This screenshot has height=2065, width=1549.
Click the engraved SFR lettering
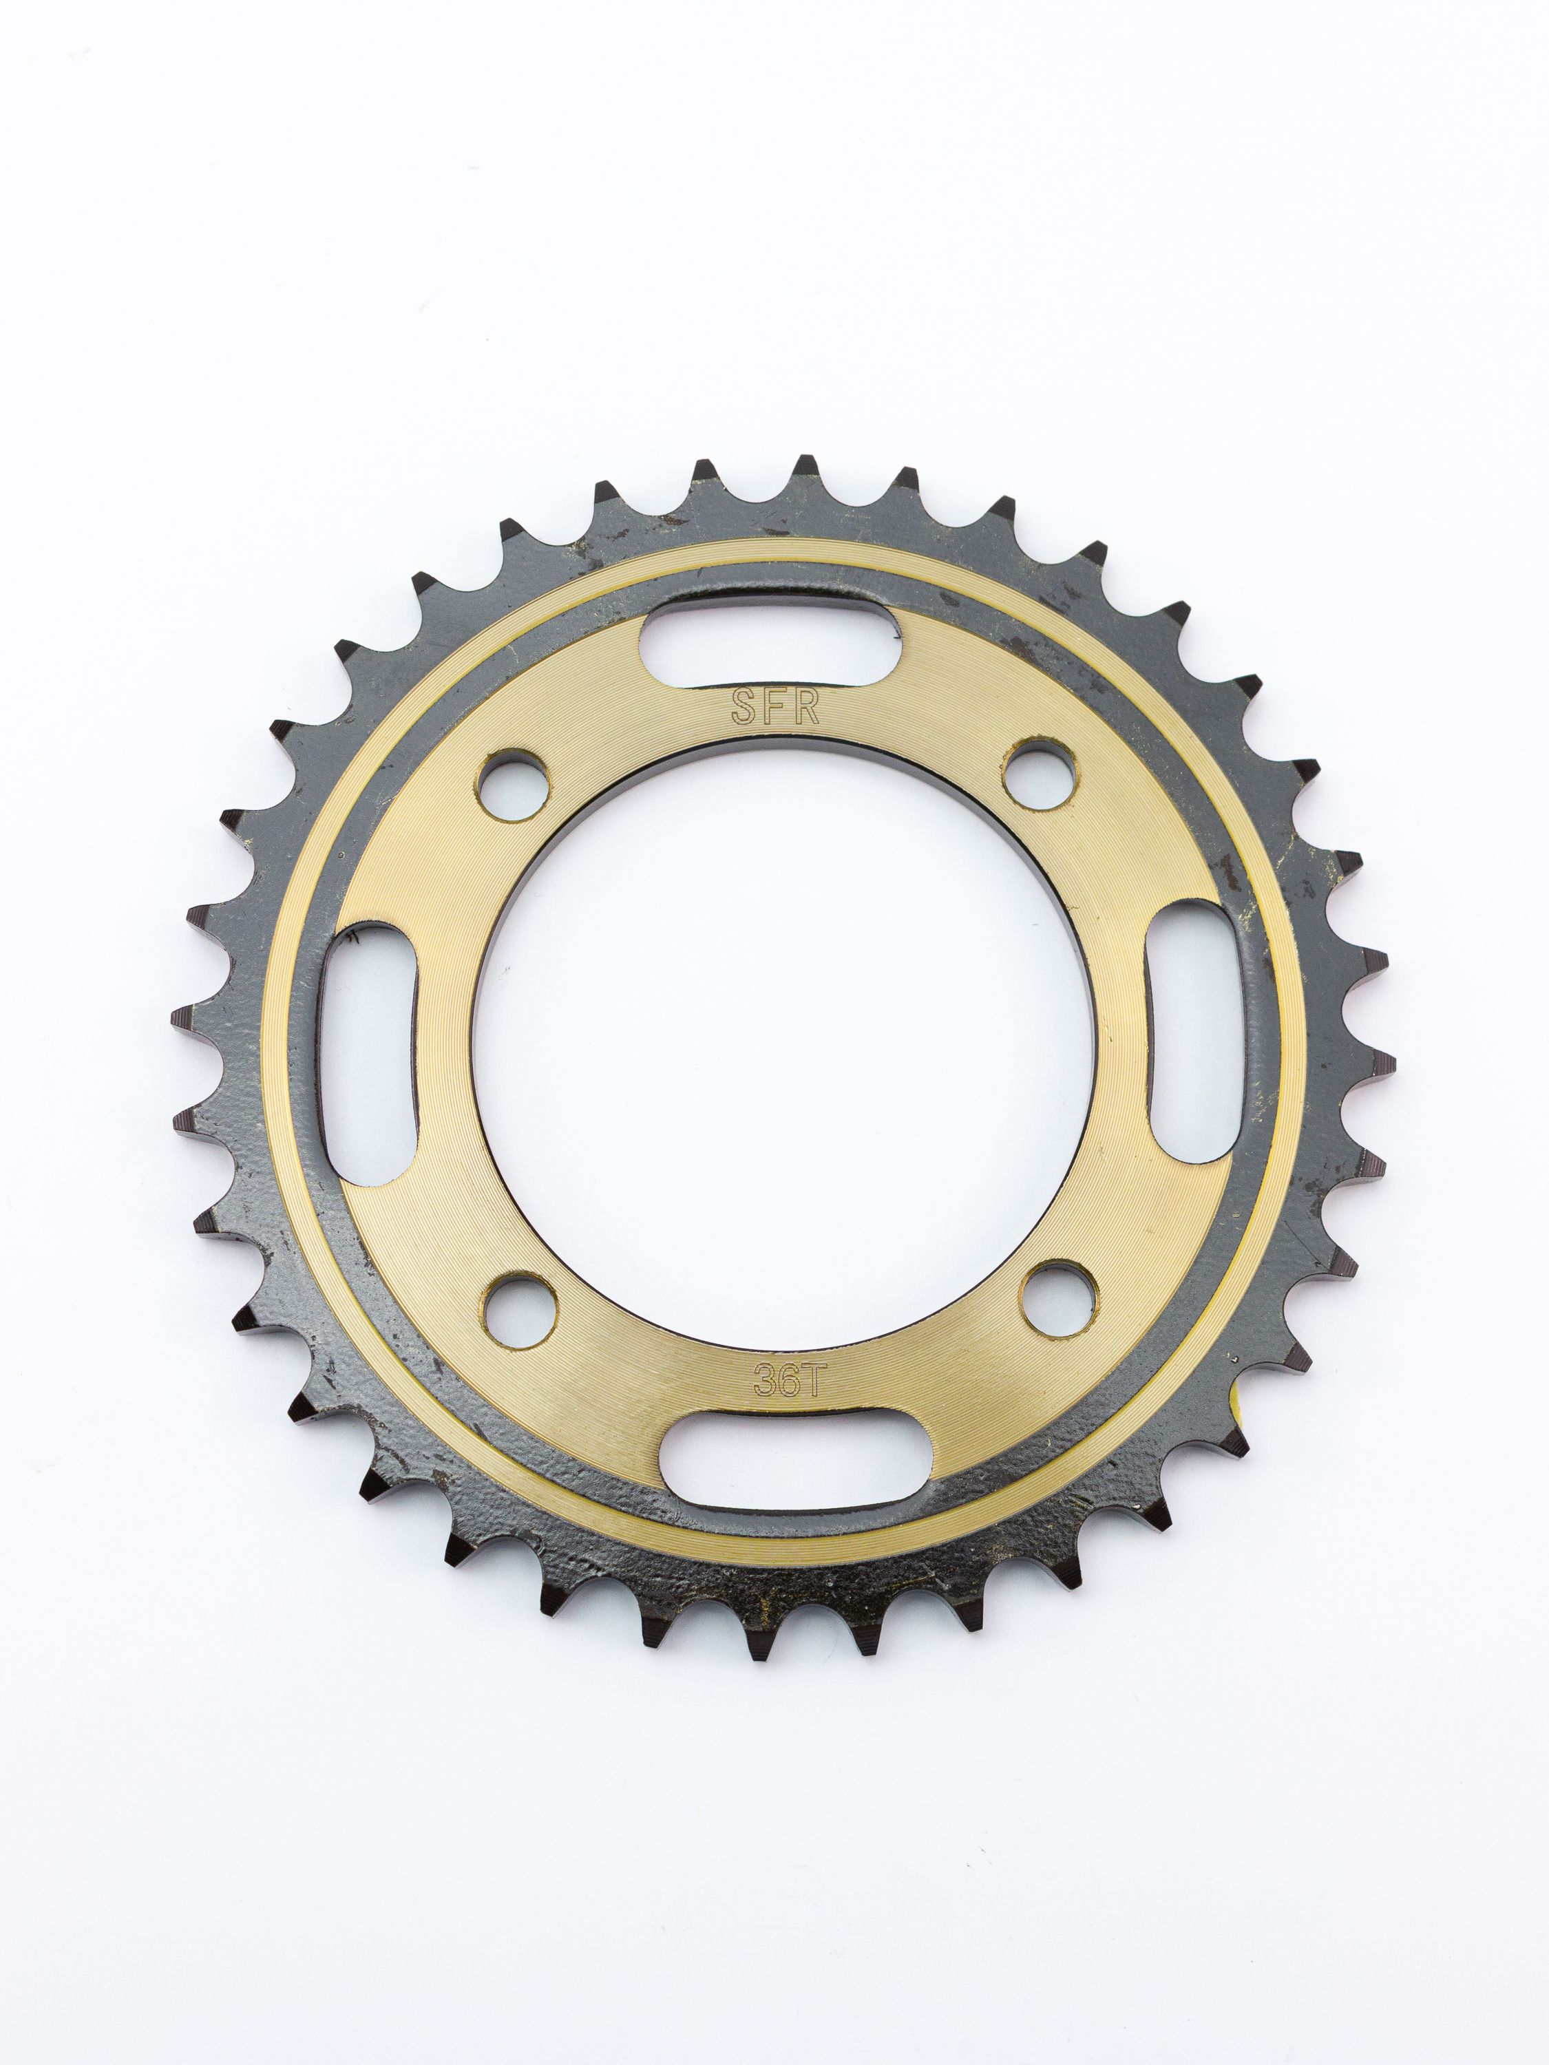pos(775,708)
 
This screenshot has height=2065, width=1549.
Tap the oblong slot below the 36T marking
pos(792,1459)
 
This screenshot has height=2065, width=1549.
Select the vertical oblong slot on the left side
pos(367,1055)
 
